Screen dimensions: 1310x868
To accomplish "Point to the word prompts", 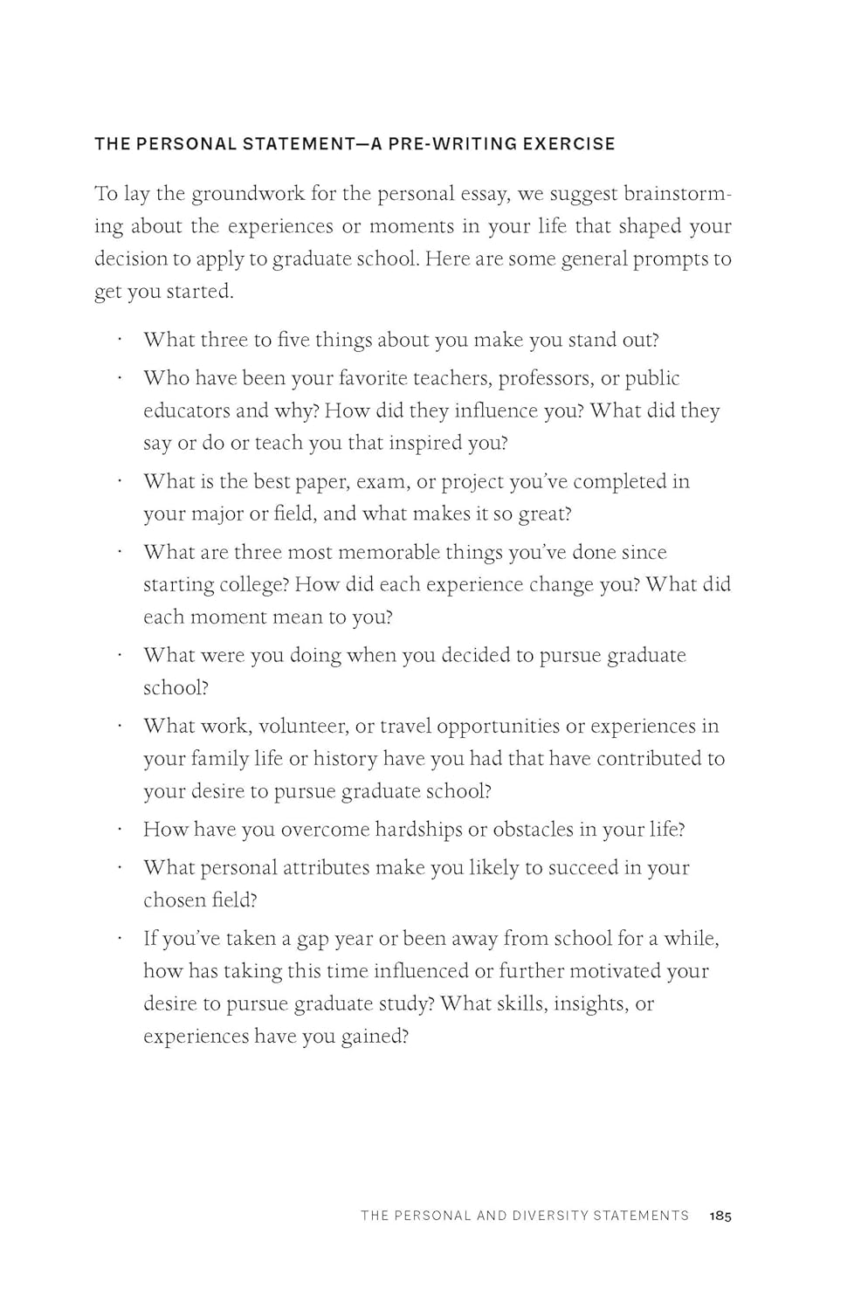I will pyautogui.click(x=666, y=259).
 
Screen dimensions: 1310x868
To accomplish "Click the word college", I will pyautogui.click(x=252, y=584).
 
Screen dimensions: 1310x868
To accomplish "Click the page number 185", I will pyautogui.click(x=720, y=1216).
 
